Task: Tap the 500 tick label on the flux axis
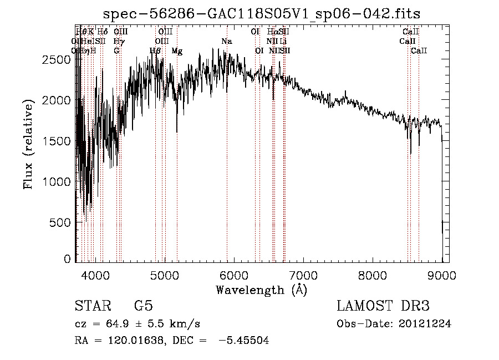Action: click(60, 222)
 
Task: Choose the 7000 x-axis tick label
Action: click(303, 274)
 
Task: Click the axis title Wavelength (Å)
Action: click(261, 290)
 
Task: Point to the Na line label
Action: click(226, 42)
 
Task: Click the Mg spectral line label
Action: click(177, 51)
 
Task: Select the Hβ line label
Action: click(155, 51)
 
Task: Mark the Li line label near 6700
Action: click(283, 42)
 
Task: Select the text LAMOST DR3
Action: click(383, 306)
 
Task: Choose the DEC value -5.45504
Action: click(244, 341)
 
